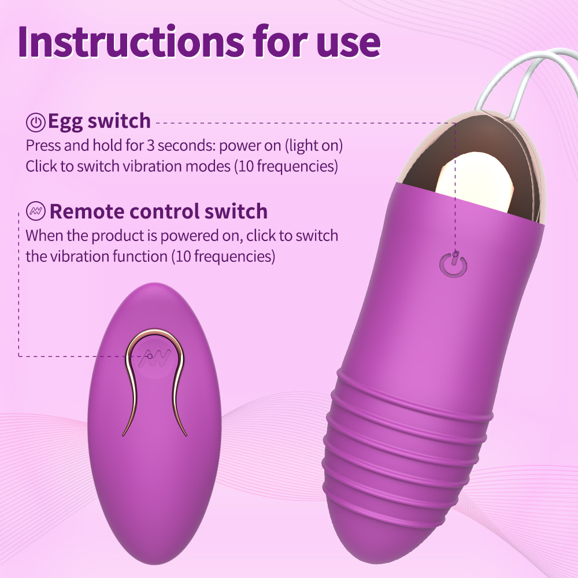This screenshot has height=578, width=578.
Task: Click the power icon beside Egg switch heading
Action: point(36,123)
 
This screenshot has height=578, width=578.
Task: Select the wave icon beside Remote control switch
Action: point(36,211)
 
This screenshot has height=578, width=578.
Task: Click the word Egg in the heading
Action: point(66,122)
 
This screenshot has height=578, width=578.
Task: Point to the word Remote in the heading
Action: point(86,211)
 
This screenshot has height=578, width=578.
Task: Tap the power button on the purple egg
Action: point(453,265)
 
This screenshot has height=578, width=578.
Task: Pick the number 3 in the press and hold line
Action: point(150,146)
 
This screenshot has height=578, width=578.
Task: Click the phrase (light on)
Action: point(314,146)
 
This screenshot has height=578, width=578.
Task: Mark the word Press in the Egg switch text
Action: point(43,146)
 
